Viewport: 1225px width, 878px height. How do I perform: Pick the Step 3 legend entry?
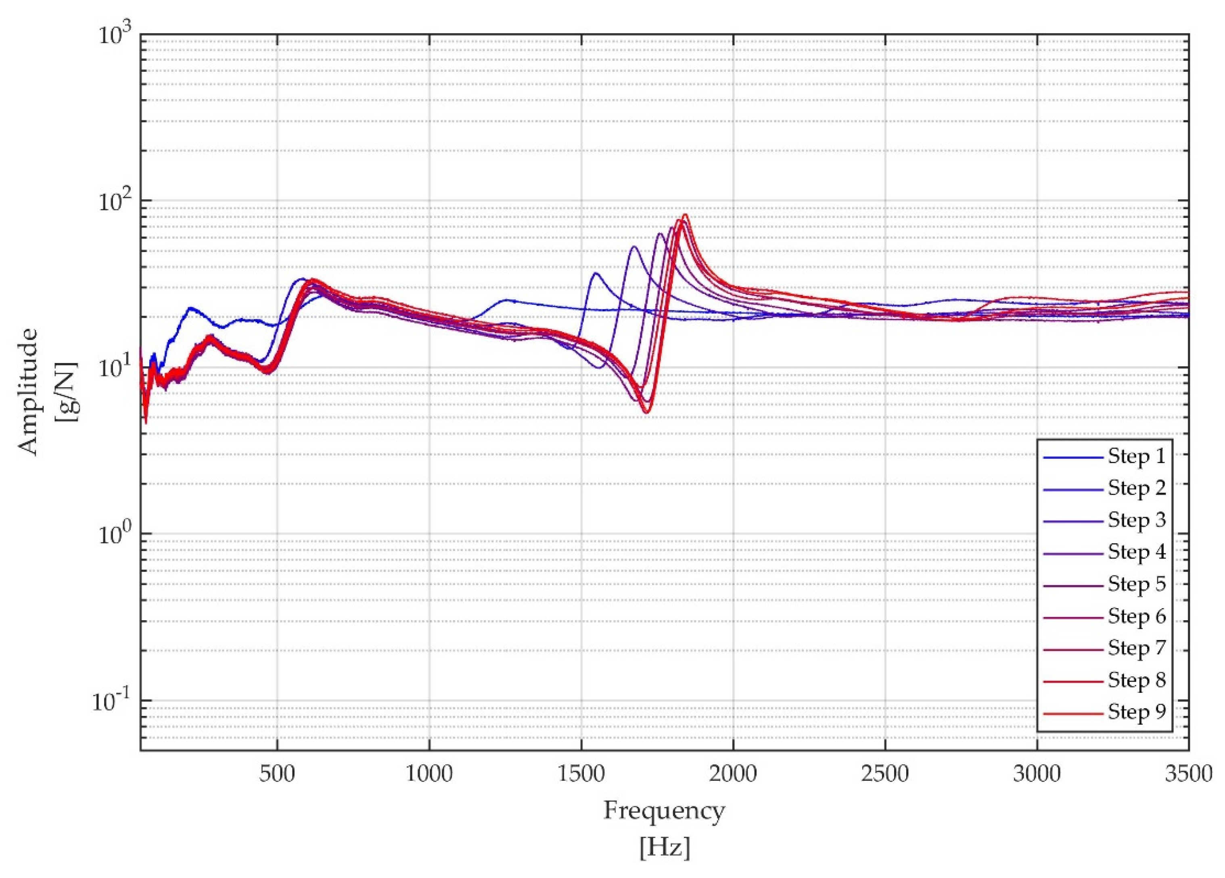tap(1136, 520)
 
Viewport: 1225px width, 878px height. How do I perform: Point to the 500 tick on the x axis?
tap(277, 774)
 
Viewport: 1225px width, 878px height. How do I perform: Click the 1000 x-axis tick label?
tap(429, 774)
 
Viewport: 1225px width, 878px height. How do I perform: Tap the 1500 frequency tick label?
tap(581, 774)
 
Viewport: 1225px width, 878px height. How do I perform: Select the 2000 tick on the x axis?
tap(734, 774)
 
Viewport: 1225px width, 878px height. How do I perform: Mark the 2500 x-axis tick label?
tap(885, 774)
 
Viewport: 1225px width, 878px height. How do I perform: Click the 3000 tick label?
tap(1037, 774)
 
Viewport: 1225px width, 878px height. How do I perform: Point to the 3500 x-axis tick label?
tap(1188, 774)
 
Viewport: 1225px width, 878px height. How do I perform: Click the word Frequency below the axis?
tap(664, 811)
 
